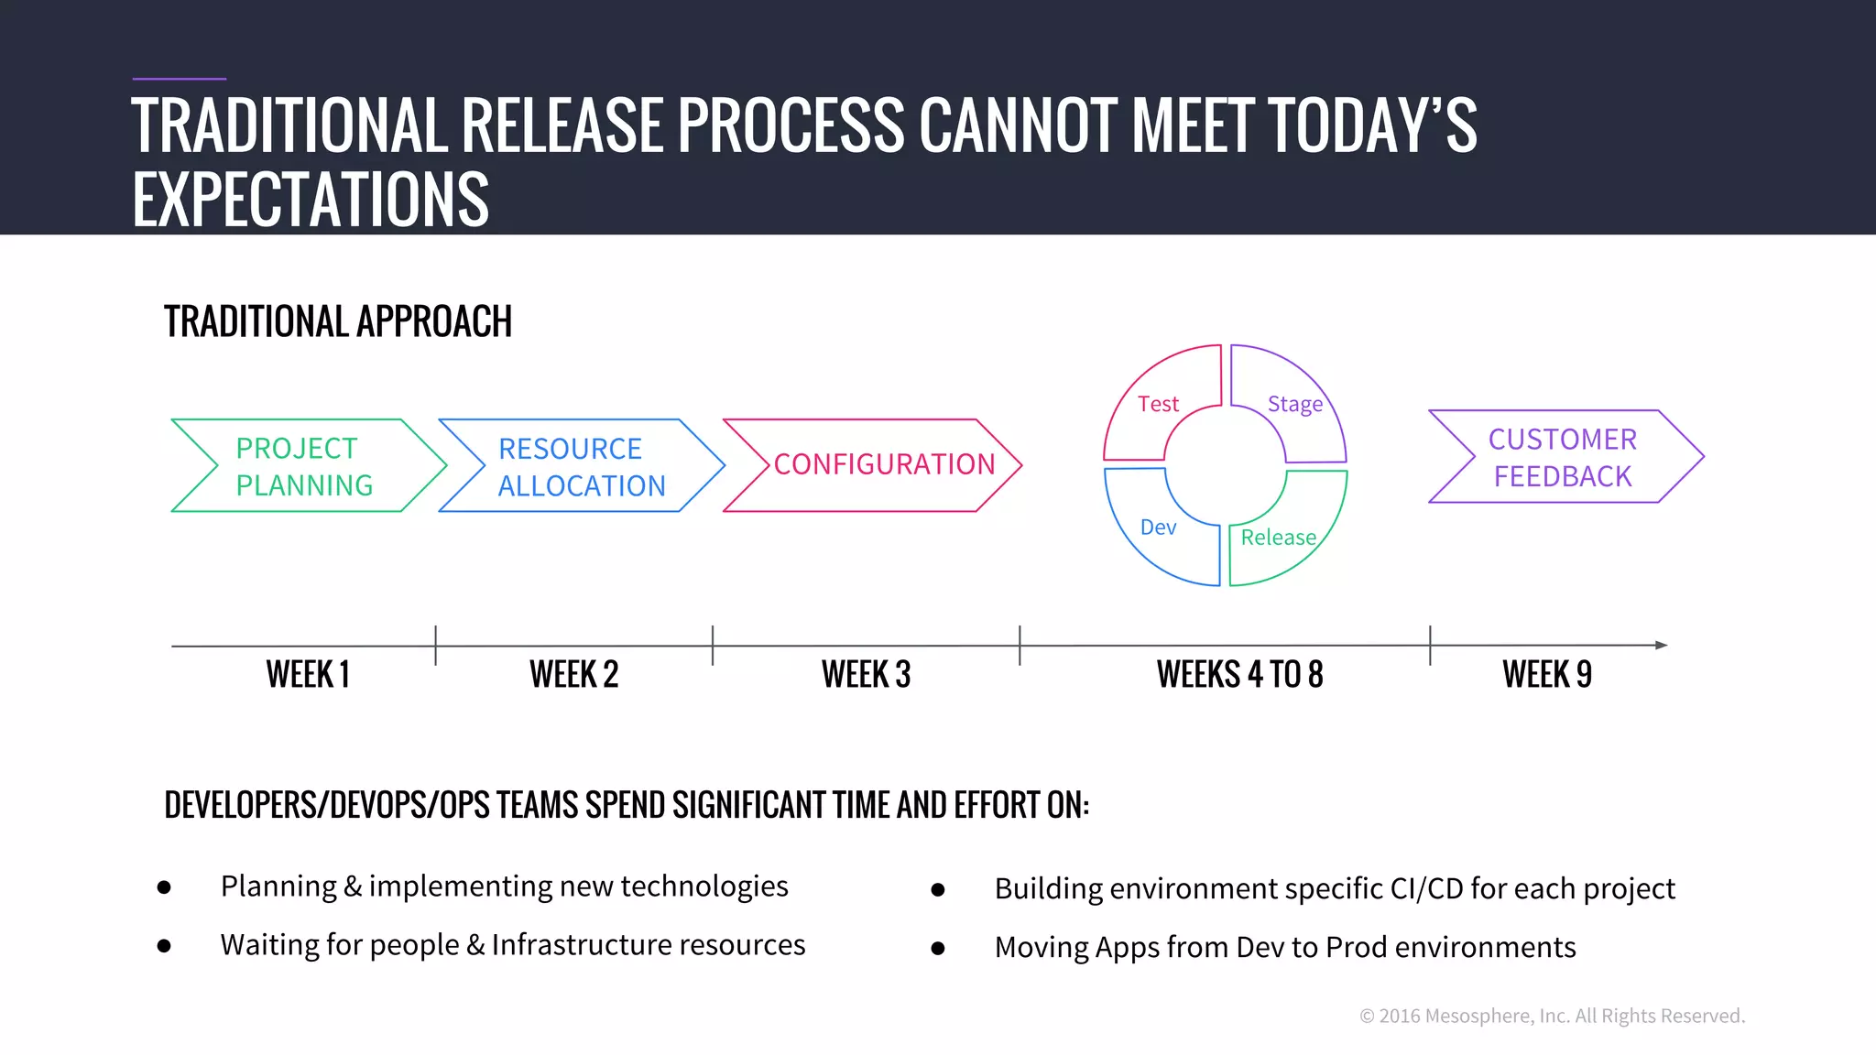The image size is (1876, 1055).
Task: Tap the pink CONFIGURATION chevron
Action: tap(879, 465)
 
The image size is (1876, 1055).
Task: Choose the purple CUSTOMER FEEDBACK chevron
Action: tap(1563, 457)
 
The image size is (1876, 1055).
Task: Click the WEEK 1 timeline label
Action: tap(308, 675)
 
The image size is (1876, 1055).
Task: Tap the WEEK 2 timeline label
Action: tap(573, 675)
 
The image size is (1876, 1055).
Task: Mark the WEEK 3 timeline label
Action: tap(866, 675)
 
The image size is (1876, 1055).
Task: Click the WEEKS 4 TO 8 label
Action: tap(1239, 675)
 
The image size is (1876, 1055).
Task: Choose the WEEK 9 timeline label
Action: tap(1547, 675)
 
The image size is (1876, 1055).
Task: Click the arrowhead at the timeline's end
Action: tap(1661, 645)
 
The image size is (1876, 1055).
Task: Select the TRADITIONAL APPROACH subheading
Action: tap(338, 321)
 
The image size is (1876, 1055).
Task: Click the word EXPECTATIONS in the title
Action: tap(311, 199)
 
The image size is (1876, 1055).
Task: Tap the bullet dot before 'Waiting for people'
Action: tap(164, 946)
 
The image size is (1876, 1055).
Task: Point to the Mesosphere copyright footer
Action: tap(1552, 1016)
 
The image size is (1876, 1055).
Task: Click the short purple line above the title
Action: tap(179, 79)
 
